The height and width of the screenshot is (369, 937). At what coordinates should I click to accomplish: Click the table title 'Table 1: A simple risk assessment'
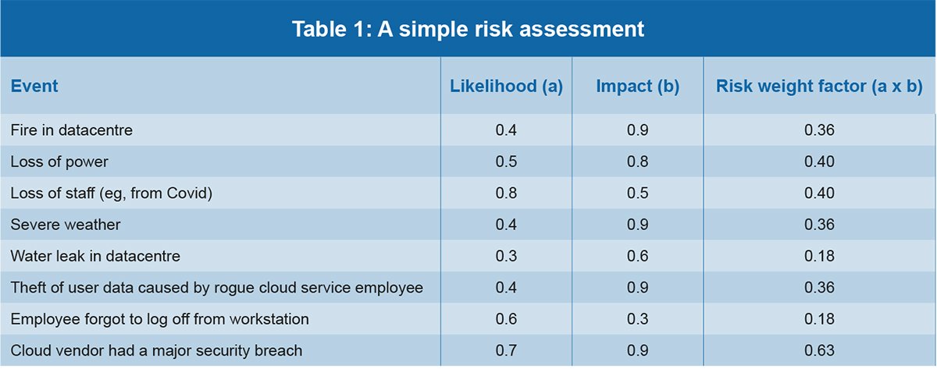[468, 29]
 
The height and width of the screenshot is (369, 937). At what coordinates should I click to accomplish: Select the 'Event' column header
[34, 86]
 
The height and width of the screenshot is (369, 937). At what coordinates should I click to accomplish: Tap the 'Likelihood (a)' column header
[506, 86]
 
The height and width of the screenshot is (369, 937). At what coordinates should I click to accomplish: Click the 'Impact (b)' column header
[637, 86]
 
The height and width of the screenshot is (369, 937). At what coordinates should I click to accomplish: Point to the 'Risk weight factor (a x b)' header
[819, 86]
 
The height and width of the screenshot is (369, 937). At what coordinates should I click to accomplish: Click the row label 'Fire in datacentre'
[72, 130]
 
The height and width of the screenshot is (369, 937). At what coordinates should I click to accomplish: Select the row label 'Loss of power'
[59, 161]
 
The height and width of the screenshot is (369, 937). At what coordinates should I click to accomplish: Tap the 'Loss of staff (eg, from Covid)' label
[111, 193]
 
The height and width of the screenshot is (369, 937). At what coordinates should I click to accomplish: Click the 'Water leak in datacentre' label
[96, 256]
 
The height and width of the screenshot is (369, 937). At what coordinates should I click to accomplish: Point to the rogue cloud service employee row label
[217, 288]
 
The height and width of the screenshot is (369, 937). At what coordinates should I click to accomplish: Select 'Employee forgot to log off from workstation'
[160, 319]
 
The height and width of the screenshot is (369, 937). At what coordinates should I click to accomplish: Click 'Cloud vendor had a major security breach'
[156, 350]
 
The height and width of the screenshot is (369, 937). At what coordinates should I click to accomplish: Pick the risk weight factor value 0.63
[819, 350]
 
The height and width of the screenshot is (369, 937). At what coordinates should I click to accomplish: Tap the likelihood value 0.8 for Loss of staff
[506, 193]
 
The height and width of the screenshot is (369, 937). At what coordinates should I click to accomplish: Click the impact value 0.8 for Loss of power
[637, 161]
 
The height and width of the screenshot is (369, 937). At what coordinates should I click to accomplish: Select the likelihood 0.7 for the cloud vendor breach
[506, 350]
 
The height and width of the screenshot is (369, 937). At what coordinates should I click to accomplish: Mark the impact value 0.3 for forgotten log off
[637, 319]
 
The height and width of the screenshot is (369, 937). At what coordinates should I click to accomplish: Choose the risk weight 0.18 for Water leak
[819, 256]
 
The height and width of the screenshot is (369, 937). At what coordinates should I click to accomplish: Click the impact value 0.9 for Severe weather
[637, 225]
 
